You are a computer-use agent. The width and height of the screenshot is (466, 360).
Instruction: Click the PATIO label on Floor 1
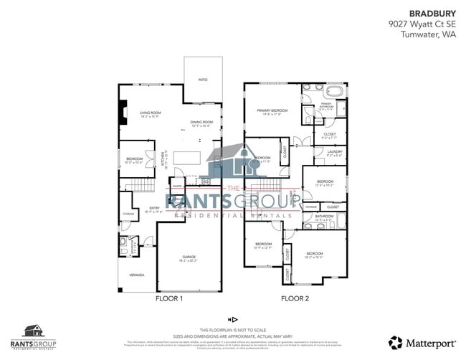pyautogui.click(x=203, y=80)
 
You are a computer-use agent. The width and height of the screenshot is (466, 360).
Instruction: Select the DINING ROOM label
pyautogui.click(x=201, y=123)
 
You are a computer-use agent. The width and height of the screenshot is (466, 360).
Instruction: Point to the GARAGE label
pyautogui.click(x=189, y=257)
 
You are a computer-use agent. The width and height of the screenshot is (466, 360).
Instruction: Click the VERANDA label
pyautogui.click(x=136, y=275)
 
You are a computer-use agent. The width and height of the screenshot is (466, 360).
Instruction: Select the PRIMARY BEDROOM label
pyautogui.click(x=272, y=110)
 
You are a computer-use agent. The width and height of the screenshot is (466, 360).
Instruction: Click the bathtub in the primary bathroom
pyautogui.click(x=335, y=92)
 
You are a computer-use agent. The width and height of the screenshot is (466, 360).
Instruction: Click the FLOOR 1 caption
pyautogui.click(x=170, y=298)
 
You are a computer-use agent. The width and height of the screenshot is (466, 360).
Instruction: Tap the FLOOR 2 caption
pyautogui.click(x=295, y=298)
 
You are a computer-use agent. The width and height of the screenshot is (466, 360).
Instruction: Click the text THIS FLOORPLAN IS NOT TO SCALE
pyautogui.click(x=232, y=328)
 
